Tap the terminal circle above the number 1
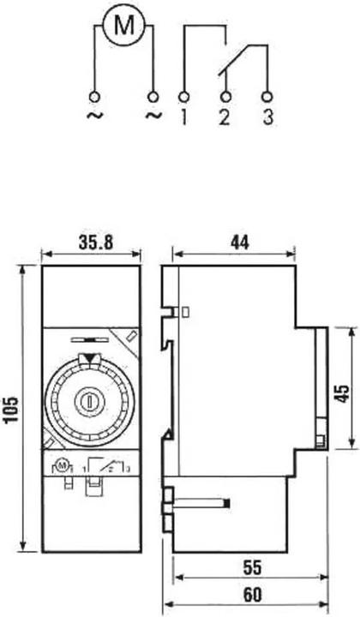182,94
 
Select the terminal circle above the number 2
225,94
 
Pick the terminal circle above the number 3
267,94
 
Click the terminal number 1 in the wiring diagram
182,117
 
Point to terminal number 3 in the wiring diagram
268,117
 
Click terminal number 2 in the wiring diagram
225,117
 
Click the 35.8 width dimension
92,243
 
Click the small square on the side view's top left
186,314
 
